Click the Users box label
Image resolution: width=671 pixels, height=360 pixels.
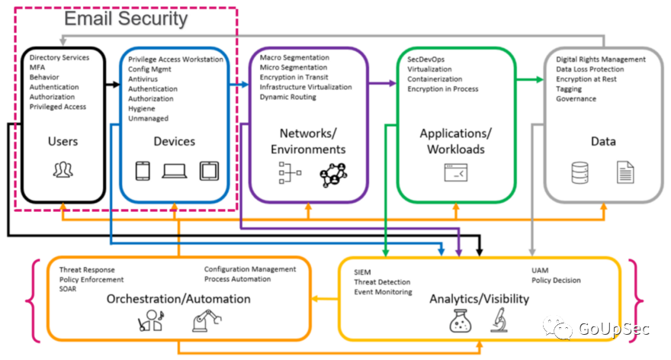click(x=63, y=141)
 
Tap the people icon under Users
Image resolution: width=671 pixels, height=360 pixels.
click(x=63, y=169)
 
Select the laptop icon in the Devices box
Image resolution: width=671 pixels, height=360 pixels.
click(x=175, y=171)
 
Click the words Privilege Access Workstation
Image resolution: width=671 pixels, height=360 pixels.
click(x=175, y=59)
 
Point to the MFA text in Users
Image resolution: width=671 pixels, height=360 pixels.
click(x=37, y=67)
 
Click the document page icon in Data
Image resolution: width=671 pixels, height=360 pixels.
click(x=625, y=172)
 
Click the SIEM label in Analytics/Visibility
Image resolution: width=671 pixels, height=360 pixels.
click(x=362, y=272)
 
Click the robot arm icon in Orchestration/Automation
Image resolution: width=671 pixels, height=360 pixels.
click(x=204, y=321)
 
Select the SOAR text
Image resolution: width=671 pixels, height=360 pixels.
click(x=68, y=289)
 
